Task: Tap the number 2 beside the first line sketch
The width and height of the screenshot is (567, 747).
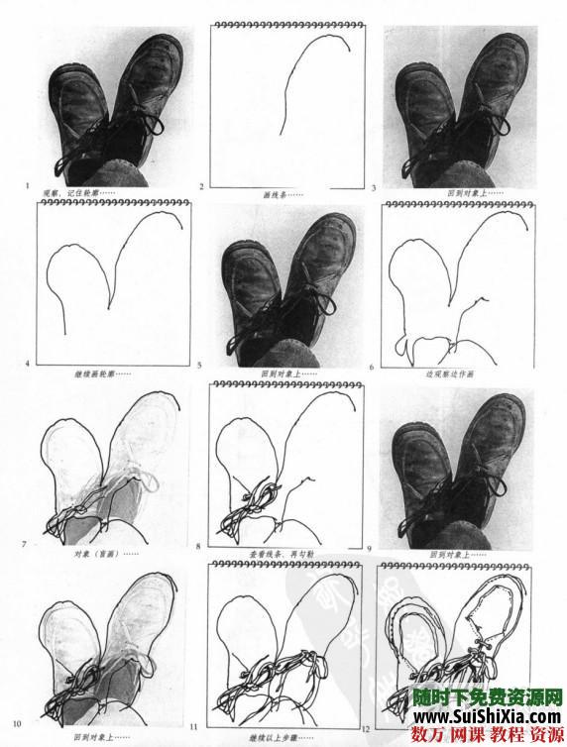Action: (x=201, y=186)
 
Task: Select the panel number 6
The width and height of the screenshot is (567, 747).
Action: (x=371, y=367)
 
